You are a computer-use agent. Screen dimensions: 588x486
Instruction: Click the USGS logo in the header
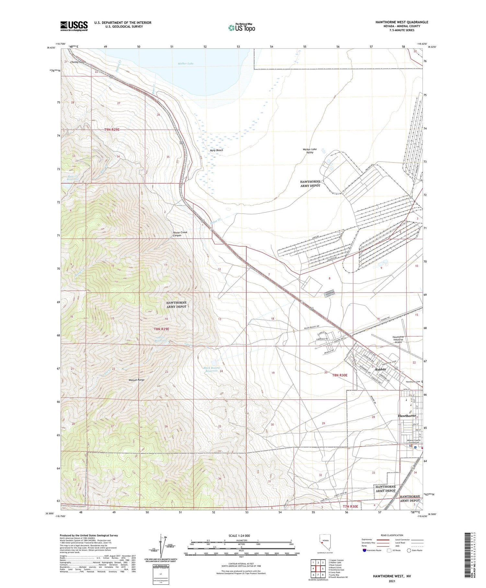(74, 26)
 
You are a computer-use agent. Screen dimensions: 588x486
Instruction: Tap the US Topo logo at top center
(241, 28)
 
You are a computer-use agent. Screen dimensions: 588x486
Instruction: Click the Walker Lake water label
(186, 64)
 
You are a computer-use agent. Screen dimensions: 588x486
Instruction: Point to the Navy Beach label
(216, 150)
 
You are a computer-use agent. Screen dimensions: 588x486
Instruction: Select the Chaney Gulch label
(78, 62)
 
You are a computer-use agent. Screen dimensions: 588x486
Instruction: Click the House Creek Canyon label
(180, 234)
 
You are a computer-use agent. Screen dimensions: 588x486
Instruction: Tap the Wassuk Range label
(136, 380)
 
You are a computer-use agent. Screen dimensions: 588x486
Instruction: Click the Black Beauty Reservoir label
(212, 369)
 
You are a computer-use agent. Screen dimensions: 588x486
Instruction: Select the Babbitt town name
(380, 369)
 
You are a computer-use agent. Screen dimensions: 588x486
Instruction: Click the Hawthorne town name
(407, 416)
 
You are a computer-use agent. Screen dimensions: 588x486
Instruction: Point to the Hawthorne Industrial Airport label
(399, 340)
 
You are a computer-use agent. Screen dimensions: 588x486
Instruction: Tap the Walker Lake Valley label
(310, 151)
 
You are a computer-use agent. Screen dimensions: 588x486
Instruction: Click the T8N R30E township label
(340, 375)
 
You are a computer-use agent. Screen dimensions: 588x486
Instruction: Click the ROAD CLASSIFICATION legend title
(392, 535)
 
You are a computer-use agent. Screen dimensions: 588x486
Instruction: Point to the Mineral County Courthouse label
(413, 441)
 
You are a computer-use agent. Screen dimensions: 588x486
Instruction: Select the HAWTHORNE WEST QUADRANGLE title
(402, 22)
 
